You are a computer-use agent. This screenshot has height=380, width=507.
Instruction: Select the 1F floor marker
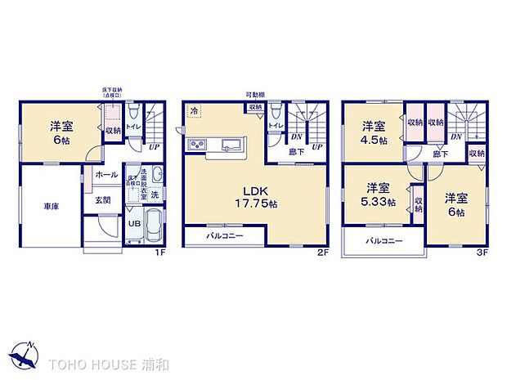161,253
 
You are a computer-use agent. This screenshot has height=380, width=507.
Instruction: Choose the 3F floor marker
483,253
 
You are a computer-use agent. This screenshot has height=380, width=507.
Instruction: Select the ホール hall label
105,174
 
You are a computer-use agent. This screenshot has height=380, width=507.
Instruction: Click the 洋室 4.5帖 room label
375,131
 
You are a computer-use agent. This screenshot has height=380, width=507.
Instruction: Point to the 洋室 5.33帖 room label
379,193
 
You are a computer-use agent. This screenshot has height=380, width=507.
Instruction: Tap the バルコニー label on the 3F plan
383,241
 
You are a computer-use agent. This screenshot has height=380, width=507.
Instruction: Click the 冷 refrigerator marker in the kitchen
195,110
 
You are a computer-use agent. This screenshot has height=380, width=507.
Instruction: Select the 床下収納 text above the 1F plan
113,89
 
